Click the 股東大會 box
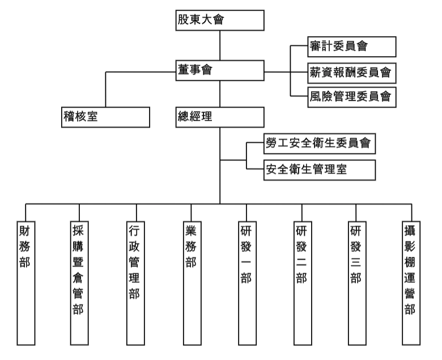[220, 21]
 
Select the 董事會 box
[220, 70]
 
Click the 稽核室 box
[105, 117]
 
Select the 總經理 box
[220, 117]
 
